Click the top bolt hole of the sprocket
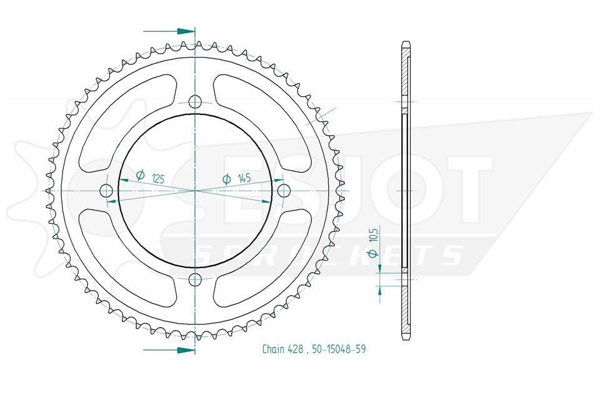195,102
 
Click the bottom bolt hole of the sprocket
195,280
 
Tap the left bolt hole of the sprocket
106,191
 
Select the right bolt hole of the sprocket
284,191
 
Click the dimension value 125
158,178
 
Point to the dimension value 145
244,178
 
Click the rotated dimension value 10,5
374,234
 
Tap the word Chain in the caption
273,349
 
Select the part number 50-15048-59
339,349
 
